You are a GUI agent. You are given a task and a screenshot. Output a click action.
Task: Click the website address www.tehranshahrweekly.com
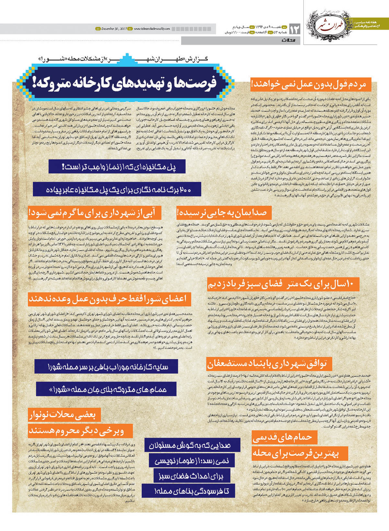pyautogui.click(x=152, y=29)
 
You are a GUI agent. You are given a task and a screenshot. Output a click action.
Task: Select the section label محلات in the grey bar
pyautogui.click(x=293, y=41)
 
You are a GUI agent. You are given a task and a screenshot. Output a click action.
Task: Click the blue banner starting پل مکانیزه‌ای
pyautogui.click(x=117, y=167)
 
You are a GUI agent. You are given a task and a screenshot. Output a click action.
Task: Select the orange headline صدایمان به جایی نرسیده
pyautogui.click(x=224, y=213)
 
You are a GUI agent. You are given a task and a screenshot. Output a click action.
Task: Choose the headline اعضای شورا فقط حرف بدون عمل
pyautogui.click(x=109, y=299)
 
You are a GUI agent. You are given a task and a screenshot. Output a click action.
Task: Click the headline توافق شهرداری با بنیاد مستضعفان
pyautogui.click(x=267, y=364)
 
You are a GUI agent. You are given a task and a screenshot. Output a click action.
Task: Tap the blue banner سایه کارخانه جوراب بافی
pyautogui.click(x=106, y=367)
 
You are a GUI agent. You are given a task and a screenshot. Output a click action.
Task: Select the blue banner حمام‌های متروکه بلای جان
pyautogui.click(x=106, y=389)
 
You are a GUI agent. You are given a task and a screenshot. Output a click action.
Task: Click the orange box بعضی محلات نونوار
pyautogui.click(x=64, y=415)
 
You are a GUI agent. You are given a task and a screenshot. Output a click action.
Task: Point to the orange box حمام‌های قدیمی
pyautogui.click(x=284, y=437)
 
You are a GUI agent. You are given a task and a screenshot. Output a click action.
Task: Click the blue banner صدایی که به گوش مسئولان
pyautogui.click(x=192, y=445)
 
